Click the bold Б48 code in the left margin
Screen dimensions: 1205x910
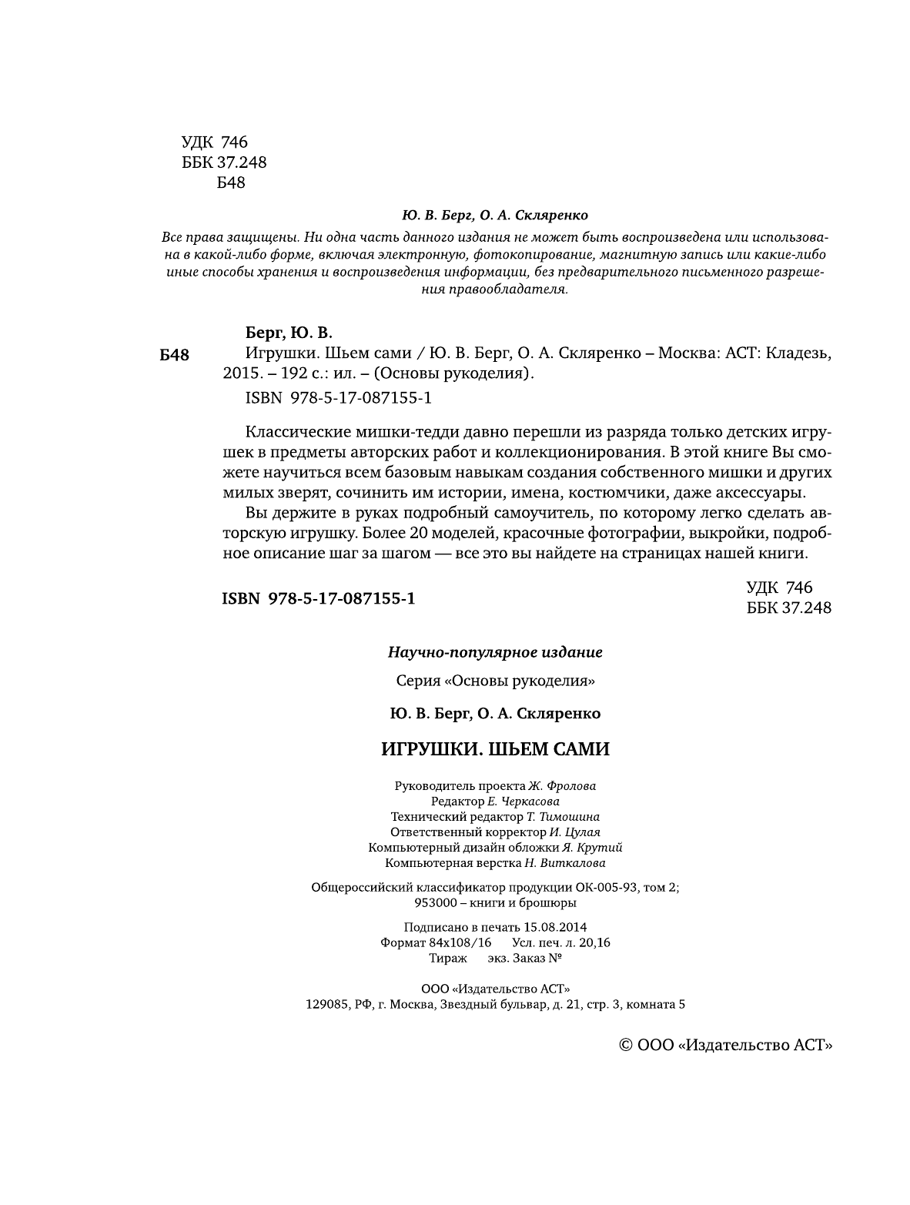(174, 355)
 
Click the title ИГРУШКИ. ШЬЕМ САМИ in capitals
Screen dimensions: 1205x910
(495, 749)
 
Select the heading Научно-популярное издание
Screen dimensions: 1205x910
(495, 652)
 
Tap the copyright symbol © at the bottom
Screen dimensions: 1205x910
(626, 1045)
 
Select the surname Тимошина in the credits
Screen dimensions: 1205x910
(569, 816)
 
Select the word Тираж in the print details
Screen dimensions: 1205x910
(448, 958)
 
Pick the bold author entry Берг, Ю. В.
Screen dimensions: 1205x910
(289, 333)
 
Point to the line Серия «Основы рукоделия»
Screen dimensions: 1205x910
(495, 681)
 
